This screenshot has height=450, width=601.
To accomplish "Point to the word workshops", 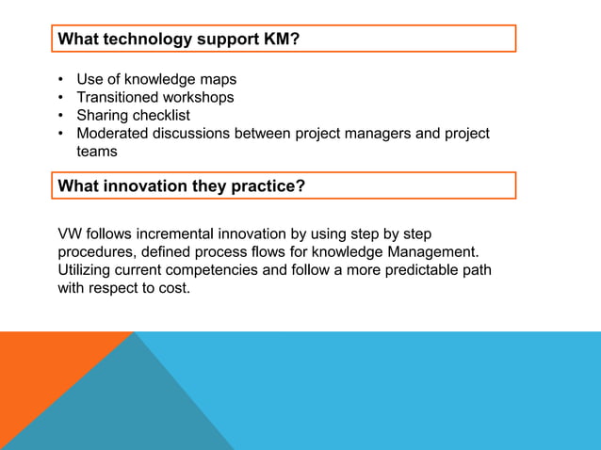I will tap(199, 97).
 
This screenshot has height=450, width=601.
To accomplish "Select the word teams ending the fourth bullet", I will tap(97, 151).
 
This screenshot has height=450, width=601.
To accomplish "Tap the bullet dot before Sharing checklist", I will tap(61, 116).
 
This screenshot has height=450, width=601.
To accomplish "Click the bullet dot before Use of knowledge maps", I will tap(61, 80).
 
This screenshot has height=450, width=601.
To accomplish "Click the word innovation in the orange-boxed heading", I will tap(143, 186).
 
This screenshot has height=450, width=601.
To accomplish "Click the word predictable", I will tap(415, 270).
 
